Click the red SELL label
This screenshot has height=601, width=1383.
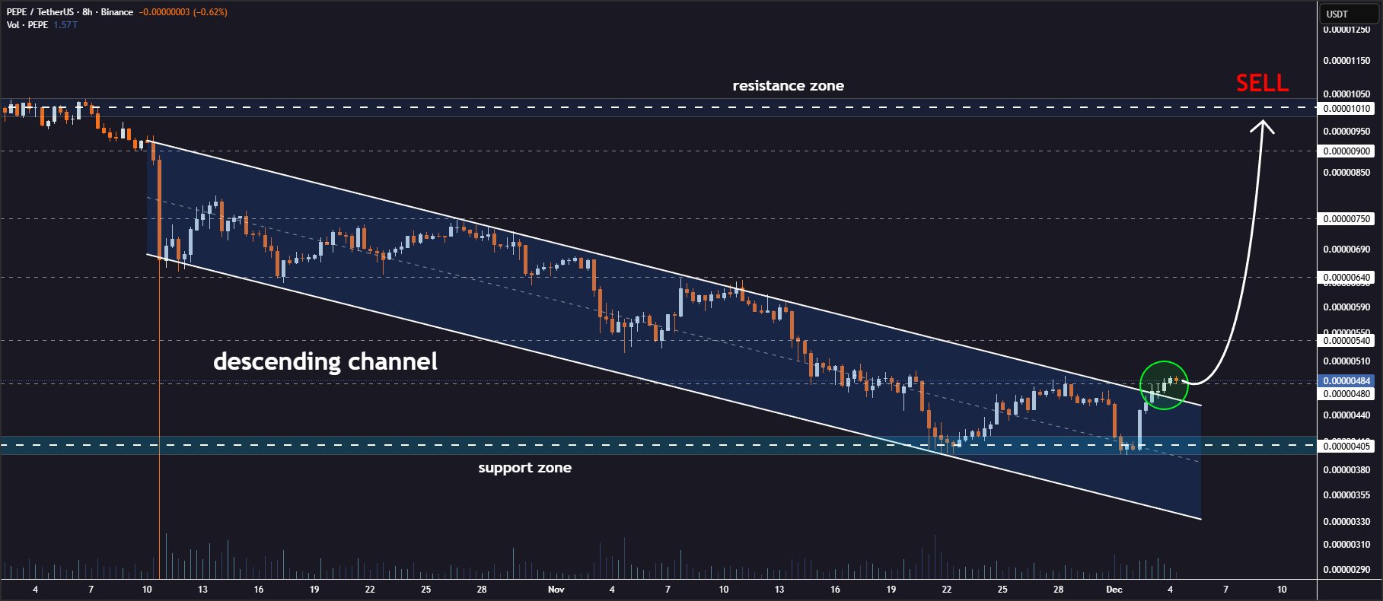coord(1261,83)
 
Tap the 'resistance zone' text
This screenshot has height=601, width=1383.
coord(788,86)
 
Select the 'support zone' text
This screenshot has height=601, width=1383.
coord(524,468)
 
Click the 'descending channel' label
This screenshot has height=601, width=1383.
coord(325,361)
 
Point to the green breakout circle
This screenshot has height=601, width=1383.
coord(1163,385)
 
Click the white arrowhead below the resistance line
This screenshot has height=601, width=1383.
coord(1263,126)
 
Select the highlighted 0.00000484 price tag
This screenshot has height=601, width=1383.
coord(1346,380)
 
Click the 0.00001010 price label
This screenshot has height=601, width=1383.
coord(1346,109)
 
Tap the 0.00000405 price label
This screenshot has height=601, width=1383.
coord(1346,446)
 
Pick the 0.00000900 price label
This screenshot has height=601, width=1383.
coord(1346,151)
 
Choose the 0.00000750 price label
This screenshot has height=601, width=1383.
coord(1346,219)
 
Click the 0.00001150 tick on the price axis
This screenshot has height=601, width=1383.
coord(1346,61)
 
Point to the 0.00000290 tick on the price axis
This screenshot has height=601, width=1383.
coord(1346,570)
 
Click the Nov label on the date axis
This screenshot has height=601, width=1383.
coord(556,590)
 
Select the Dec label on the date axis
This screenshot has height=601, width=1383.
coord(1114,590)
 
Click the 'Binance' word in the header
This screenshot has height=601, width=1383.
coord(116,12)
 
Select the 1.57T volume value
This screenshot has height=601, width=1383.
coord(65,25)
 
